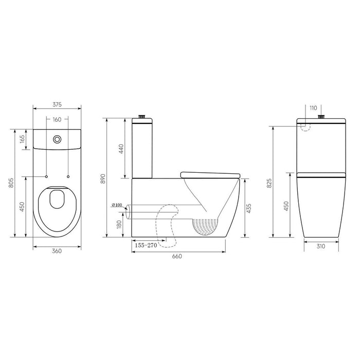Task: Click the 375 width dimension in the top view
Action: (x=57, y=104)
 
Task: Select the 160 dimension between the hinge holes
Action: (x=57, y=120)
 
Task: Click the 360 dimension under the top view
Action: (x=57, y=251)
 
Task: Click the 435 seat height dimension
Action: (x=249, y=208)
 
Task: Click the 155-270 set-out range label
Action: (x=145, y=246)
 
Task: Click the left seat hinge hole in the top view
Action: (x=46, y=177)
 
